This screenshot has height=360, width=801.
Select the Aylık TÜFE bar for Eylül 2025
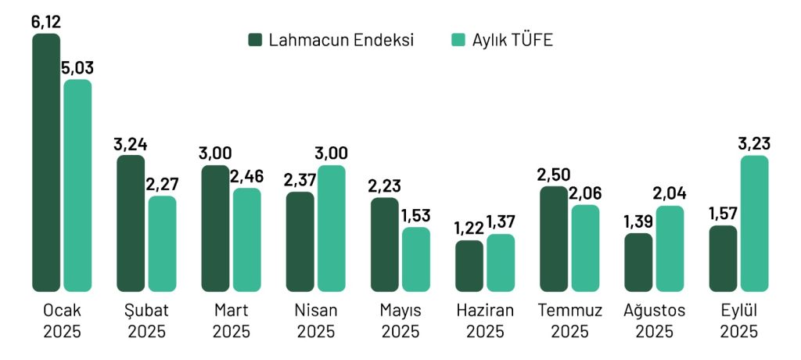(754, 223)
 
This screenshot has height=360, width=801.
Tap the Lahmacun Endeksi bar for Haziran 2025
(469, 265)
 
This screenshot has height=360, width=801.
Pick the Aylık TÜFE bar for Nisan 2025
(332, 228)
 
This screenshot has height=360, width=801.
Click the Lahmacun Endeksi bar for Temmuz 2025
(554, 239)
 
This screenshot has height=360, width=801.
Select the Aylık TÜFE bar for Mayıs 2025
(416, 259)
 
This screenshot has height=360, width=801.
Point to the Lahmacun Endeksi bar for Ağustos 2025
(638, 262)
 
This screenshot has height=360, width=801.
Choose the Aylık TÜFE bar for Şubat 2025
(162, 243)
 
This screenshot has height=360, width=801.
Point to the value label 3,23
(754, 144)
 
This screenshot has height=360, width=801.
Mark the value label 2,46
(247, 177)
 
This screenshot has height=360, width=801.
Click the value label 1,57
(722, 214)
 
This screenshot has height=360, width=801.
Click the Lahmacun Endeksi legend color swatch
(255, 40)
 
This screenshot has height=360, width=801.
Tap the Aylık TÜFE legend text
(512, 40)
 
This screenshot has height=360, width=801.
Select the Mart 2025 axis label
(232, 320)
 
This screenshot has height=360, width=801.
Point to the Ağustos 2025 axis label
(654, 320)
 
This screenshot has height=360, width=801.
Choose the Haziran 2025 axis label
(485, 320)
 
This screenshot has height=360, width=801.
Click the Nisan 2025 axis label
(316, 320)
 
